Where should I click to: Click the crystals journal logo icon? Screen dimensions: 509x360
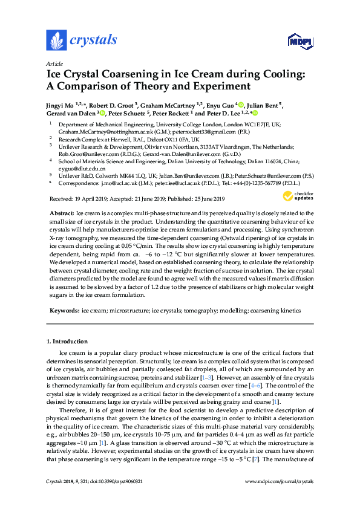(x=56, y=40)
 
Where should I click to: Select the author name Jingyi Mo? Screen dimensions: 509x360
(x=61, y=105)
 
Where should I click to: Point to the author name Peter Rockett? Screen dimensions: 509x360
(x=171, y=113)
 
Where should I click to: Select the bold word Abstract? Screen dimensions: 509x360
(x=62, y=213)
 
